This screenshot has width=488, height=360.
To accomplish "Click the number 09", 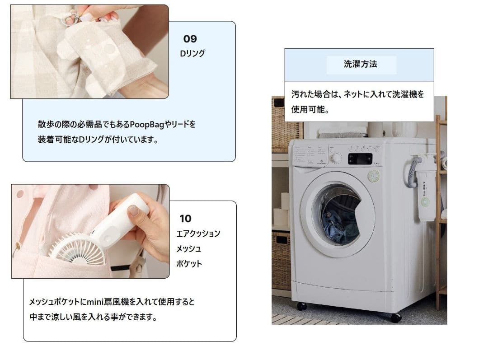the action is coord(190,39).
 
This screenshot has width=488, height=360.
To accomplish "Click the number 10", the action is coord(186,219).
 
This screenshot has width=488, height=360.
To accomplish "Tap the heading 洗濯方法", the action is coord(361,64).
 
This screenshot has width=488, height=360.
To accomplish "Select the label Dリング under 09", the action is coord(192,53).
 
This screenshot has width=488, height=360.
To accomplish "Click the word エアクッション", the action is coord(198,234).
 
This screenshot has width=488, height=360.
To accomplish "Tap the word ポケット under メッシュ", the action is coord(189,264).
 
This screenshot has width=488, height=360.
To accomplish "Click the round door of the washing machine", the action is coord(338,215).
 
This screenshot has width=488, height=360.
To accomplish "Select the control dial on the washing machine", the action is coord(336,158).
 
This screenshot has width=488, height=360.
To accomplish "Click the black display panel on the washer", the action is coord(360,159).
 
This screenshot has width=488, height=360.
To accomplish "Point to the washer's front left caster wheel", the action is coord(301,306).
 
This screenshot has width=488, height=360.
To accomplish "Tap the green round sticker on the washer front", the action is coord(374,176).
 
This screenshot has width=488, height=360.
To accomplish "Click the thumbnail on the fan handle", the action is coord(134,210).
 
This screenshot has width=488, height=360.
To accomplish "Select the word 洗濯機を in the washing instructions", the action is coord(408,94).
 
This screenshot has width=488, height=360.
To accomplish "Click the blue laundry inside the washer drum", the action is coord(341,225).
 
